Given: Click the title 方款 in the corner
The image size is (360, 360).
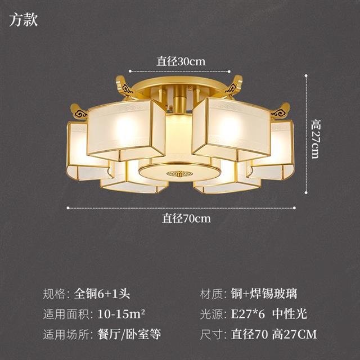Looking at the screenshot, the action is tap(24, 20).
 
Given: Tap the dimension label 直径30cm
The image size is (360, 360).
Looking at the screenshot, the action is tap(181, 61).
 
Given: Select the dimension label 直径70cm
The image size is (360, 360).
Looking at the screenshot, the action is tap(186, 218).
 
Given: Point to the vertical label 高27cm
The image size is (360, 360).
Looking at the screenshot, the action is tap(315, 139).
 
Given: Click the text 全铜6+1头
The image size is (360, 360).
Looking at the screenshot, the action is tap(102, 294).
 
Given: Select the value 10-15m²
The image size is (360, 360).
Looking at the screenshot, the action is tap(121, 314).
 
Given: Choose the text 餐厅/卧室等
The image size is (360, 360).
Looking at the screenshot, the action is tap(129, 334).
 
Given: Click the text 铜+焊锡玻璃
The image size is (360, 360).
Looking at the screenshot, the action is tap(264, 294).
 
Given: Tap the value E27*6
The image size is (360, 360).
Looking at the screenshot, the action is tap(248, 314).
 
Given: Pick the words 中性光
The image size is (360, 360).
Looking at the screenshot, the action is tap(290, 314).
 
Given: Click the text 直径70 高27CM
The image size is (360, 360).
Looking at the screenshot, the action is tap(274, 334).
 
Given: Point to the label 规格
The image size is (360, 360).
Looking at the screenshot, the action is tap(55, 294).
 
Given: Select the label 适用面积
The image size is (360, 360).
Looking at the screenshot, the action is tap(66, 314).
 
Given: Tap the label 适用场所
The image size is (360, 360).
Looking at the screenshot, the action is tap(66, 334).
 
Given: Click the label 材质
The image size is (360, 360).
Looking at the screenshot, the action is tap(211, 294).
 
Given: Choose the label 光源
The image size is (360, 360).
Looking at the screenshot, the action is tap(211, 314).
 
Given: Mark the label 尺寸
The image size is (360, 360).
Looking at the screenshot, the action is tap(211, 334).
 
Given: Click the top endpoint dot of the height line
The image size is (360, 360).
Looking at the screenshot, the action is tap(306, 75).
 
